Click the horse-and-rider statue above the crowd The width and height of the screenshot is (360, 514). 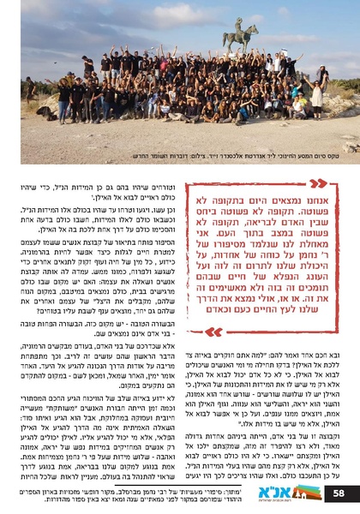click(240, 38)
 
